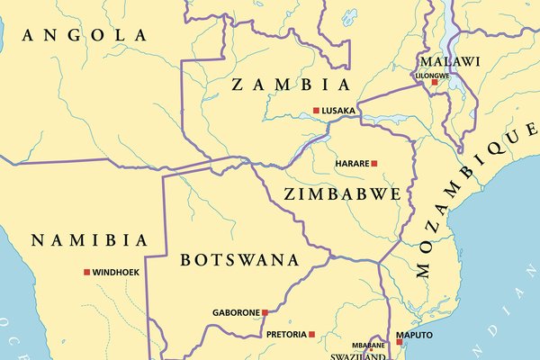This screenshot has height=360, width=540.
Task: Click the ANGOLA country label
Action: coord(85,35)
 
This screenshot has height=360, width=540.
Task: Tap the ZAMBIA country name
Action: coord(290,85)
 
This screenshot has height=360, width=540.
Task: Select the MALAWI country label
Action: coord(447,61)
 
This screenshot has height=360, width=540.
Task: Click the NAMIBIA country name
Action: coord(88,240)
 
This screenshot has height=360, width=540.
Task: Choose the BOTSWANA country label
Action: coord(238,260)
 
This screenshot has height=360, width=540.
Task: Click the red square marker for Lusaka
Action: coord(316,111)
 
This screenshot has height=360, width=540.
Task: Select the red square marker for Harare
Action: coord(374,164)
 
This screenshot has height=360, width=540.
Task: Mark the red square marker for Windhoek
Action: coord(87,272)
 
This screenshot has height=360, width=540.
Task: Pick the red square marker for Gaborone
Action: coord(265,313)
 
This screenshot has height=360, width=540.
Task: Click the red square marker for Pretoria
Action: coord(312,334)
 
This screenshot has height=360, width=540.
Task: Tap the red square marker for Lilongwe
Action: coord(435,82)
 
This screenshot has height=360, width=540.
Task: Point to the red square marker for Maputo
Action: coord(400,341)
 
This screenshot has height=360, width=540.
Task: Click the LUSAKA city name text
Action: coord(339,111)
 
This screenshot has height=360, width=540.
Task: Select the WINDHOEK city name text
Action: coord(116,272)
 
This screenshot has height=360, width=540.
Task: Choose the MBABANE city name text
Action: coord(367,345)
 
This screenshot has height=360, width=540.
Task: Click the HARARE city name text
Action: coord(351,164)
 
